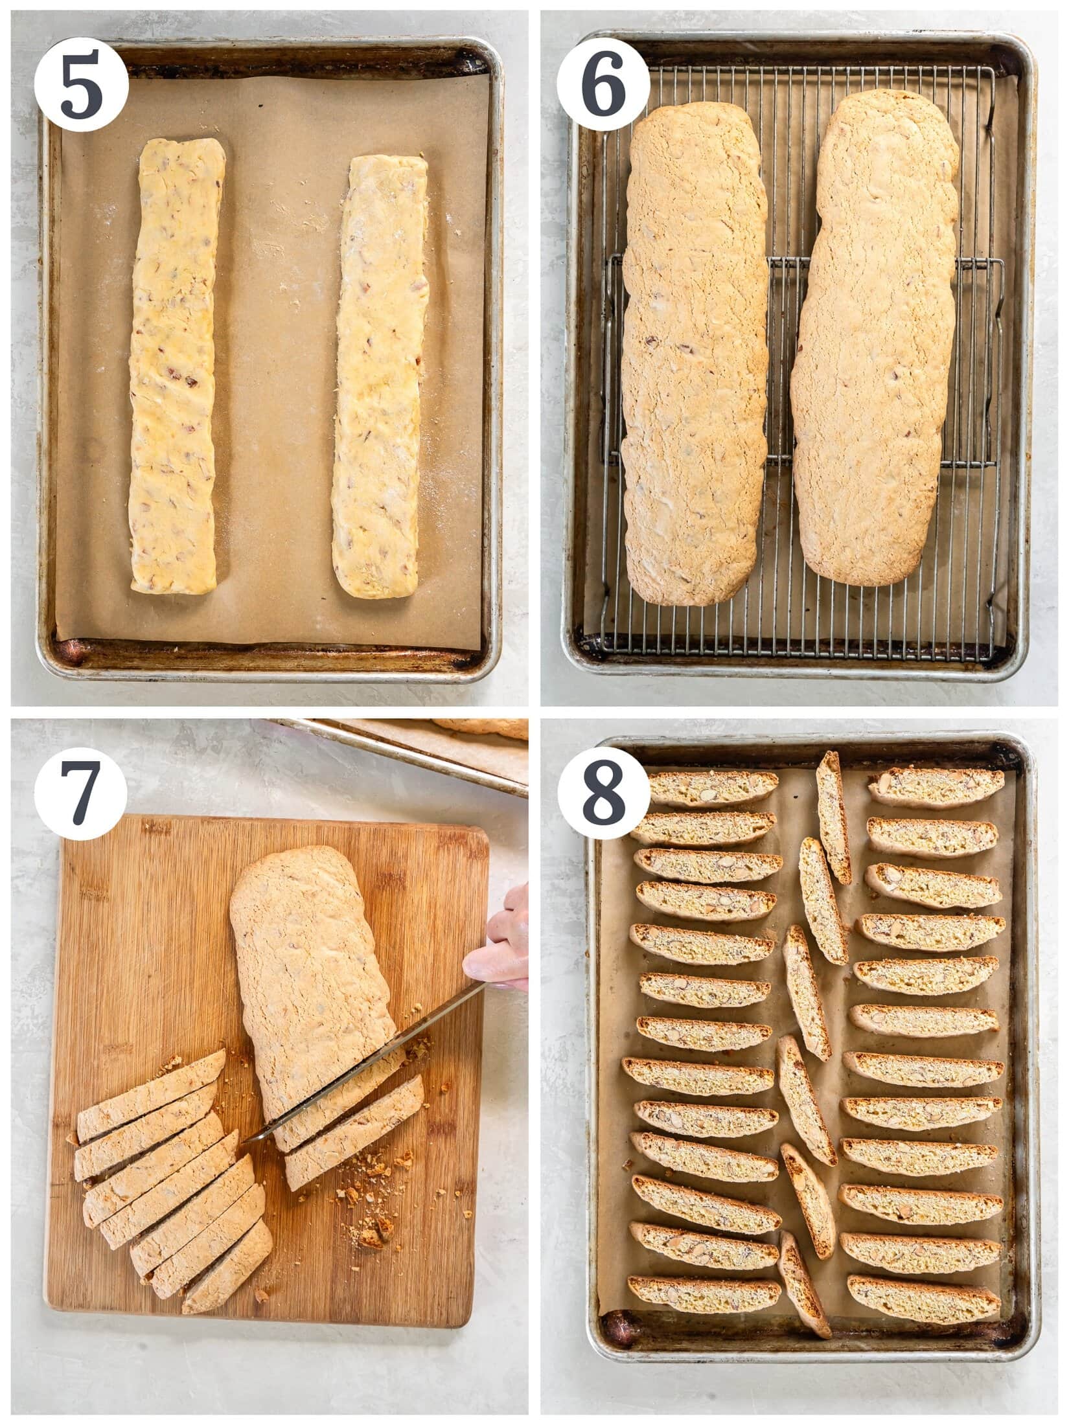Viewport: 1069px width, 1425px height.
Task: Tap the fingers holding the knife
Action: coord(502,946)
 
